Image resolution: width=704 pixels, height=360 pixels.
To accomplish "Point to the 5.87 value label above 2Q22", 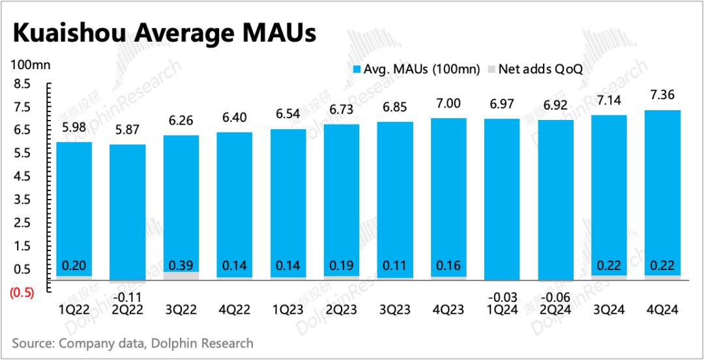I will pos(127,130).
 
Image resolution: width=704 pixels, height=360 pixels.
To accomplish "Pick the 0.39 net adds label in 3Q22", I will pos(181,265).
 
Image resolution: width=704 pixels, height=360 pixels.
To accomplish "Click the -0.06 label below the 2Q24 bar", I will pos(555,297).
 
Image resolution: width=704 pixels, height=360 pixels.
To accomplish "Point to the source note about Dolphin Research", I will pos(132,343).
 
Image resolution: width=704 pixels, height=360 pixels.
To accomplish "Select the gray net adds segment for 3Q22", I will pos(181,276).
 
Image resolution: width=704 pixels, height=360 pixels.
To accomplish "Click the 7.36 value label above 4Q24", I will pos(662,96).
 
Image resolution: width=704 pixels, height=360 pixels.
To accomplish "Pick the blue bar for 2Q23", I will pos(341,202).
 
